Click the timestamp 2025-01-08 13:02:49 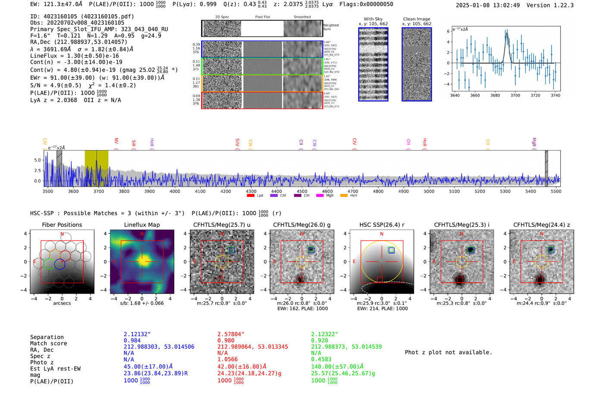tap(488, 5)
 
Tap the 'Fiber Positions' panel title tap(62, 225)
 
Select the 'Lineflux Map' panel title tap(142, 225)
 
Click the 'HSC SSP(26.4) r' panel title tap(381, 225)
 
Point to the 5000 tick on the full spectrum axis tap(429, 191)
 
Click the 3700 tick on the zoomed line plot tap(515, 95)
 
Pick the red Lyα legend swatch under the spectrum tap(250, 196)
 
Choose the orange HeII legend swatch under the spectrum tap(344, 196)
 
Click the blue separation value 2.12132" tap(137, 334)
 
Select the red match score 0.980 tap(226, 340)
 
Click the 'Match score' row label tap(48, 343)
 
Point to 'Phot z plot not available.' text tap(448, 352)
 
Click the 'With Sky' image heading tap(373, 19)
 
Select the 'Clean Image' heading tap(416, 19)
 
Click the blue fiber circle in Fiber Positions tap(60, 264)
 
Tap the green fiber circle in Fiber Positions tap(49, 264)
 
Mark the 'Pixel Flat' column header tap(262, 17)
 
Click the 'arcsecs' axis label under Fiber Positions tap(62, 303)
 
